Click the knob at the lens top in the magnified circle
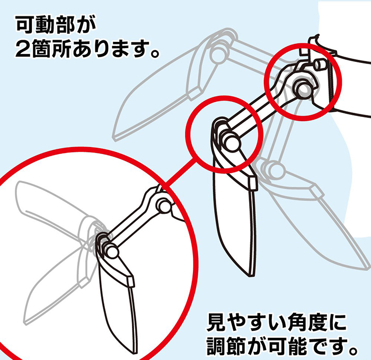pos(111,249)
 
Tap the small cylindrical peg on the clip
pos(319,64)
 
